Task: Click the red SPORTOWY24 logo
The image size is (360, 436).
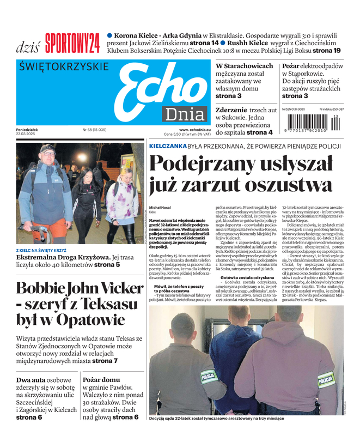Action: [72, 43]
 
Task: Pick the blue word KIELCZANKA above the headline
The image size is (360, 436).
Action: [167, 146]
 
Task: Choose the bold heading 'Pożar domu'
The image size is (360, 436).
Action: [101, 380]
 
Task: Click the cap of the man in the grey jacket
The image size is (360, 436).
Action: [47, 148]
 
